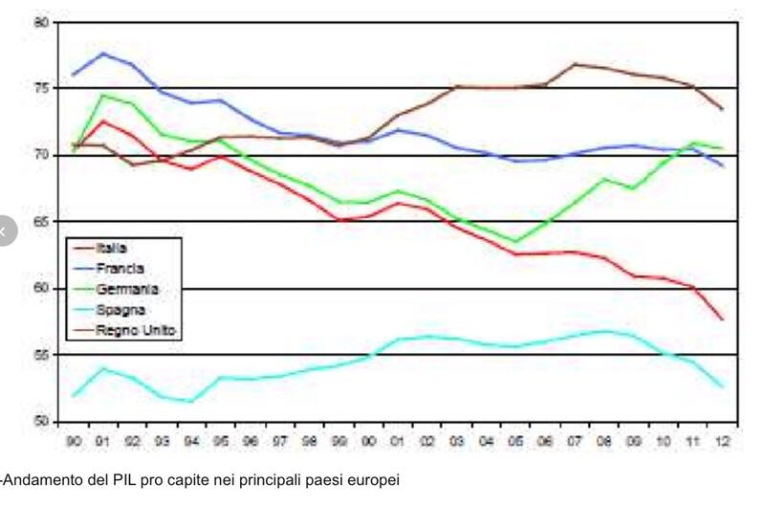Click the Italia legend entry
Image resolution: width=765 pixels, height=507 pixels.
(x=114, y=248)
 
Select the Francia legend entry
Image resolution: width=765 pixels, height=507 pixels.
(x=120, y=269)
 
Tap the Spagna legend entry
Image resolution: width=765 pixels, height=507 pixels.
(x=120, y=310)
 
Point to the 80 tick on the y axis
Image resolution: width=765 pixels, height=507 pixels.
(x=40, y=21)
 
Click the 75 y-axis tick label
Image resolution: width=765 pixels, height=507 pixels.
(x=40, y=88)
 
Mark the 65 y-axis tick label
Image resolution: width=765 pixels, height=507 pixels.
(x=40, y=221)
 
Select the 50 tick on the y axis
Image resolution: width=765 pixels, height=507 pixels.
(x=40, y=421)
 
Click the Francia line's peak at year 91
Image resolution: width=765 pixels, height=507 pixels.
(x=103, y=54)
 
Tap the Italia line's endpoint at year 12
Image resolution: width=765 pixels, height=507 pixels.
(x=723, y=320)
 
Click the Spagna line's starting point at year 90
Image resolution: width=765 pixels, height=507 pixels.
(x=74, y=395)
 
